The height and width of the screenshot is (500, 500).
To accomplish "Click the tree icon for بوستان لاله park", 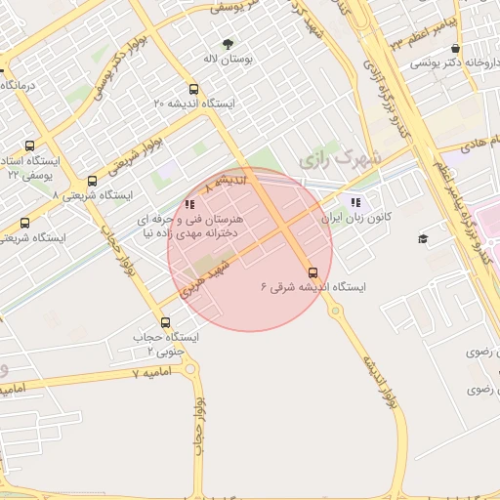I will coord(229,43).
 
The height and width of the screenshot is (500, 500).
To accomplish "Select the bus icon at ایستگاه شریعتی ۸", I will coord(92,181).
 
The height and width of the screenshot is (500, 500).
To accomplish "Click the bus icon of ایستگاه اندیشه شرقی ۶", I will coord(312,272).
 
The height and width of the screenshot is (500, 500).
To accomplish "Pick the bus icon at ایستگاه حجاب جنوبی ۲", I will coord(164,321).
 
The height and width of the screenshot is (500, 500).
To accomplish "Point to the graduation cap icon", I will coord(423,239).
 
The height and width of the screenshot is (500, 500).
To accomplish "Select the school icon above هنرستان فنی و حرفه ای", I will coord(188,205).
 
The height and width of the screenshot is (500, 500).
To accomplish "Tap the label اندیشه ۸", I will coord(232,182).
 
